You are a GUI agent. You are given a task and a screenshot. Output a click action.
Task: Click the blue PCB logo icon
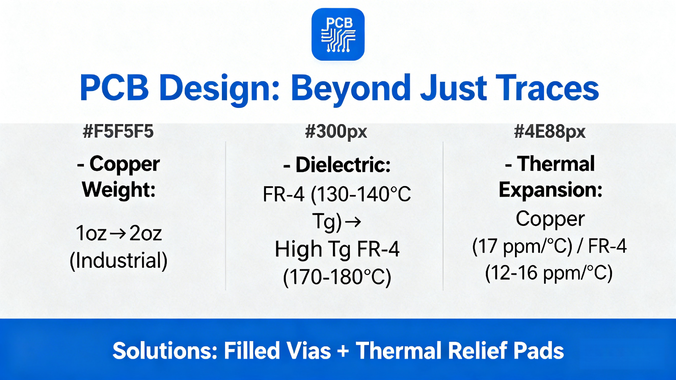tap(338, 34)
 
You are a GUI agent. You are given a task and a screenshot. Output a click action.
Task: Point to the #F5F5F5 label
tap(118, 131)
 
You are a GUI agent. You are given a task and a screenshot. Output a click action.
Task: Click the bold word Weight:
tap(119, 189)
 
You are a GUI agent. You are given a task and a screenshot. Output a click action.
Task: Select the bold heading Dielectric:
tap(337, 165)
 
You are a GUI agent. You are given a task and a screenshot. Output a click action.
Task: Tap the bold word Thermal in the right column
tap(549, 163)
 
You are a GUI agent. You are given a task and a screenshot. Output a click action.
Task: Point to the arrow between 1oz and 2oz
tap(118, 233)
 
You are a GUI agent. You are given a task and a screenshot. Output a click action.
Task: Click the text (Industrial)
tap(119, 261)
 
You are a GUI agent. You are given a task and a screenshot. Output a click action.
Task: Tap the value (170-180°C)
tap(337, 278)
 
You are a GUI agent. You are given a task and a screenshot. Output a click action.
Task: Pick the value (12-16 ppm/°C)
tap(549, 274)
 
